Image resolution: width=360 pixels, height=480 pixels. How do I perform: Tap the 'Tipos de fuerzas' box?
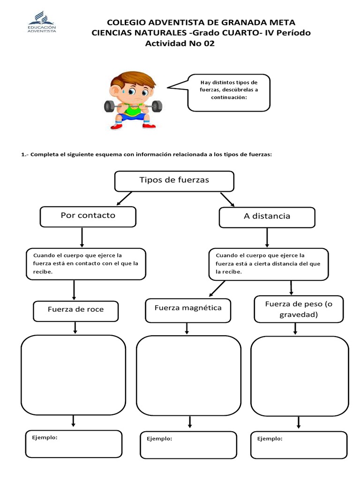coord(174,181)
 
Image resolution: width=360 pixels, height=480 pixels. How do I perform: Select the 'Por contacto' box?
coord(88,216)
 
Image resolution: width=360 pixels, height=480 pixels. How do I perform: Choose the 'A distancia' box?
coord(267,217)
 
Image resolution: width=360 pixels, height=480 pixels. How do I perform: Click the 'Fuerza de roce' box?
coord(75,310)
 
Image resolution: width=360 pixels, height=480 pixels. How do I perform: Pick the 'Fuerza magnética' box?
coord(188,310)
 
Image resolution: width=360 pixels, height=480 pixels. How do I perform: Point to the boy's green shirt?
coord(133,112)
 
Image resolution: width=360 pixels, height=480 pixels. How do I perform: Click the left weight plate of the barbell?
coord(110,106)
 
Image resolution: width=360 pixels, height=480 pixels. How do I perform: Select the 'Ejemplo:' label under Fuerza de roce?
coord(45,437)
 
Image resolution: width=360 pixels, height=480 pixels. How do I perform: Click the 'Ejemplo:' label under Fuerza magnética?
coord(159,439)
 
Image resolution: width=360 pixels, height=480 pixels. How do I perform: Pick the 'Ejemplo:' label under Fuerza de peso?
coord(270,439)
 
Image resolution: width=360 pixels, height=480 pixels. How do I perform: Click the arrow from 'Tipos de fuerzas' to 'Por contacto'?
coord(125,198)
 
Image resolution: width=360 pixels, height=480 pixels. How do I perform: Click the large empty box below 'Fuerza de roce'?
coord(73,375)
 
